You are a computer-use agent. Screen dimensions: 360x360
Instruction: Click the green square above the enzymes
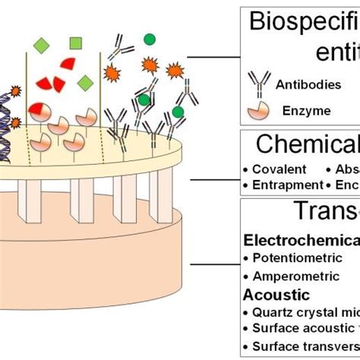click(75, 43)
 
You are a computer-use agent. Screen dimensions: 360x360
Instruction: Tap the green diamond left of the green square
click(43, 47)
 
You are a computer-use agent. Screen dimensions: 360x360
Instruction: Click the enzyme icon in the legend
click(257, 110)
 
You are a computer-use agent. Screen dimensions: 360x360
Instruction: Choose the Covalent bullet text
click(279, 169)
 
